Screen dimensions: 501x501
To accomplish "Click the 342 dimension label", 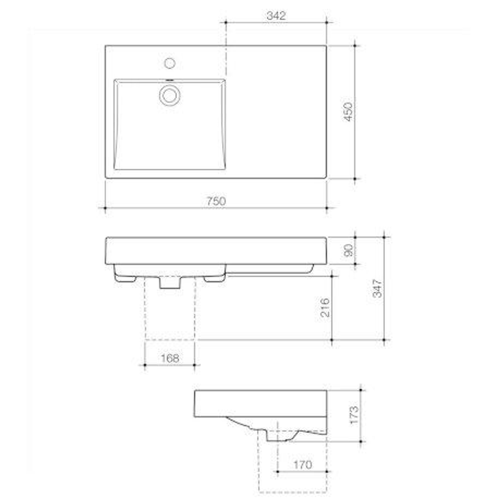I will [276, 15].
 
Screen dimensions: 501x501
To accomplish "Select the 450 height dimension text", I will [348, 112].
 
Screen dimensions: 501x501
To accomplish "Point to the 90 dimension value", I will [348, 250].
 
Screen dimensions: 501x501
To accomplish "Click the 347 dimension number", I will [378, 288].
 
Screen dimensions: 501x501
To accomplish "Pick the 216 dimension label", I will [325, 307].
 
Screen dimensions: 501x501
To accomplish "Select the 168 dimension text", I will [169, 358].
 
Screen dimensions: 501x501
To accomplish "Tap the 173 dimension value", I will [354, 415].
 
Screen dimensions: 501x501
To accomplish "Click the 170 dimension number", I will [302, 464].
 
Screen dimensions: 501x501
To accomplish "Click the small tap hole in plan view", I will [170, 63].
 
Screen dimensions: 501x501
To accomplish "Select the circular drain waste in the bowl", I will [170, 95].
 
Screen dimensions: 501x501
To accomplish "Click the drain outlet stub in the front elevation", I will [170, 283].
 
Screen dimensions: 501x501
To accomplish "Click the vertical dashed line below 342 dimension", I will [226, 49].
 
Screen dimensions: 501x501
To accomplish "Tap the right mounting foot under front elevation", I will [214, 278].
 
